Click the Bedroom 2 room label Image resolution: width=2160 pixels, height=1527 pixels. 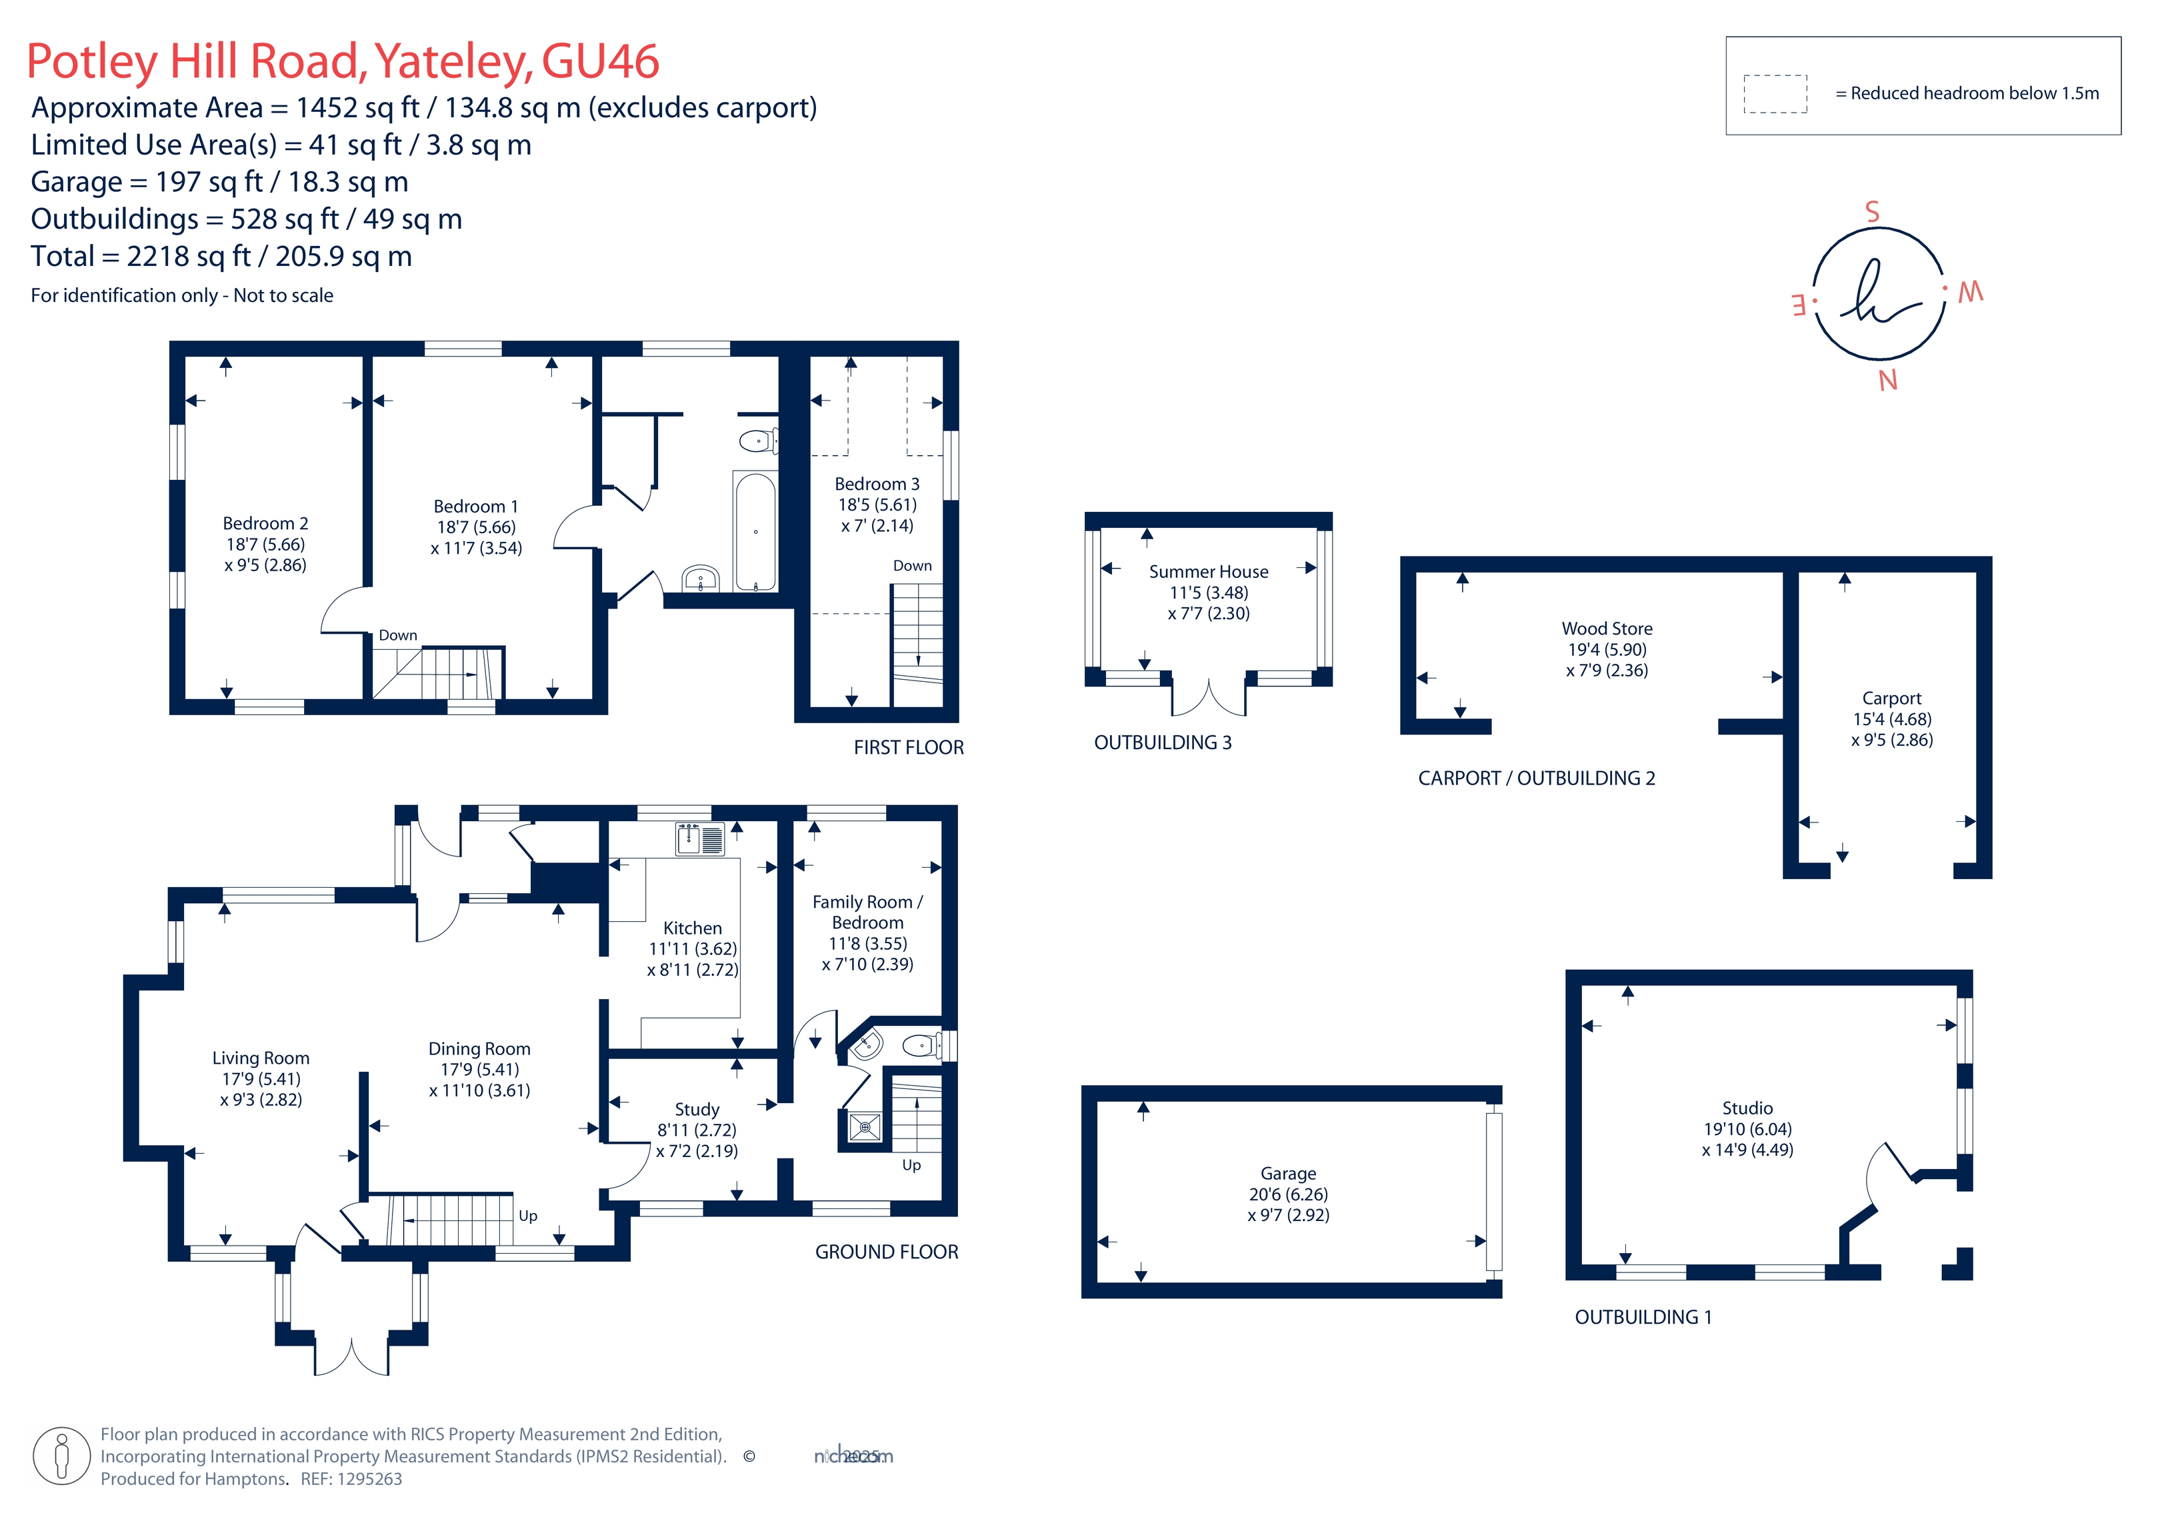click(265, 524)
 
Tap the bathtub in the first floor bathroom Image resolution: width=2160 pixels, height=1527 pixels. click(755, 532)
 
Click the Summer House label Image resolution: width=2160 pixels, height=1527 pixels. click(1209, 572)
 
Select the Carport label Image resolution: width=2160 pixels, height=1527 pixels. click(1892, 698)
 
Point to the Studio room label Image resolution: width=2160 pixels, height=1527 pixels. click(1747, 1108)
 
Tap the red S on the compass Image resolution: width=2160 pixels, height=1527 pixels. click(1872, 212)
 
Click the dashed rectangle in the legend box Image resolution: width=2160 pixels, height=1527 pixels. click(1775, 94)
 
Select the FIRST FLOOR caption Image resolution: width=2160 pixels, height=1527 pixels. click(909, 748)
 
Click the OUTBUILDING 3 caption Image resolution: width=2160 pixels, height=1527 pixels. click(1163, 743)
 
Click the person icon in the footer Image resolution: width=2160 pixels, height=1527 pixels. click(62, 1456)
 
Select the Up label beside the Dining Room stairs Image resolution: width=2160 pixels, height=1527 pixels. click(528, 1216)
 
